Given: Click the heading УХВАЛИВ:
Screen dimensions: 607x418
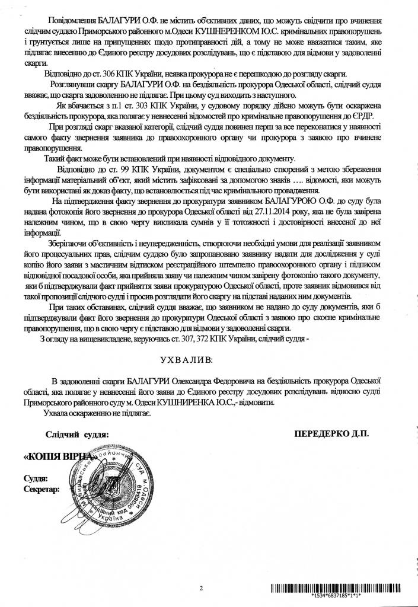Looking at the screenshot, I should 185,359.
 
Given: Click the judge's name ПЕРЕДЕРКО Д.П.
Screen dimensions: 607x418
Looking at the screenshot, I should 331,434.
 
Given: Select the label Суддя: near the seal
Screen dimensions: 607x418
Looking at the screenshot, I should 35,478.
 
